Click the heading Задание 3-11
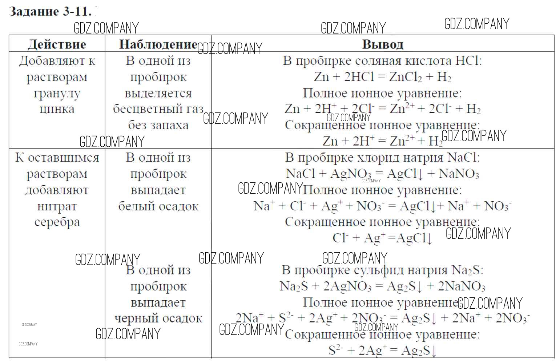pyautogui.click(x=50, y=12)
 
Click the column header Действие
pyautogui.click(x=57, y=44)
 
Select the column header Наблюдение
pyautogui.click(x=158, y=44)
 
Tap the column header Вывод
pyautogui.click(x=383, y=44)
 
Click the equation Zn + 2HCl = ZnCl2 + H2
pyautogui.click(x=383, y=77)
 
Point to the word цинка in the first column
pyautogui.click(x=57, y=109)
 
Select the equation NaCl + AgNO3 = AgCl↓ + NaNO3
pyautogui.click(x=383, y=174)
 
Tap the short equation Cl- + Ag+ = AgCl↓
pyautogui.click(x=383, y=238)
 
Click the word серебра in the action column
pyautogui.click(x=57, y=222)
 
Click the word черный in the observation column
pyautogui.click(x=136, y=318)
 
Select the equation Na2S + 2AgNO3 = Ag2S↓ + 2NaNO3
pyautogui.click(x=383, y=286)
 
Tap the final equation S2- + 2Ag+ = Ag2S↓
pyautogui.click(x=383, y=351)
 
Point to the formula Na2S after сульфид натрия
pyautogui.click(x=467, y=270)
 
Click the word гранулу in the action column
pyautogui.click(x=57, y=93)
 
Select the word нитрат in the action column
pyautogui.click(x=57, y=206)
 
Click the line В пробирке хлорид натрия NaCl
pyautogui.click(x=383, y=158)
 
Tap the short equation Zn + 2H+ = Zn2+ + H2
pyautogui.click(x=383, y=141)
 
